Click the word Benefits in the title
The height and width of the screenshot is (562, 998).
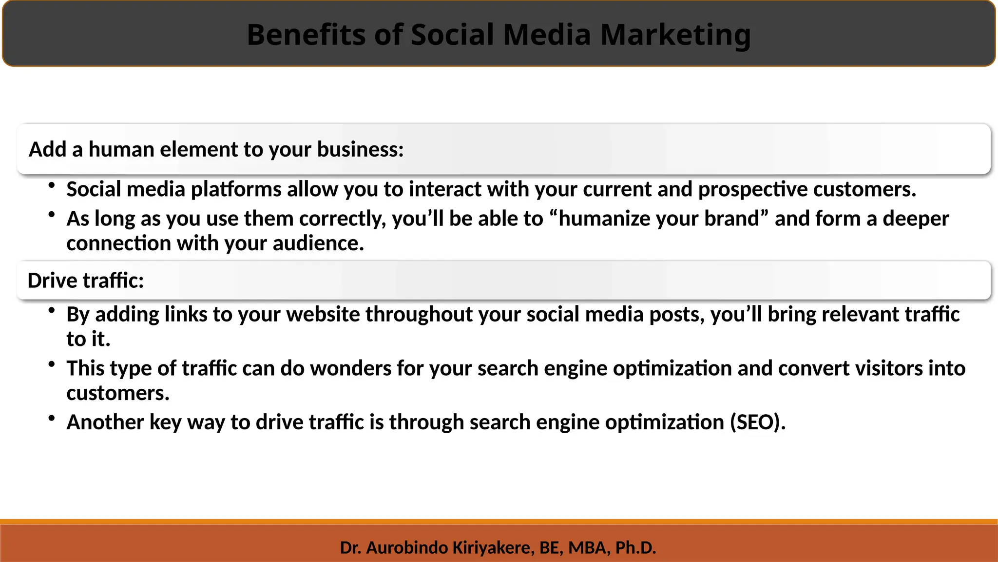[x=306, y=35]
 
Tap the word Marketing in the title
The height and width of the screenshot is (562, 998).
[x=675, y=35]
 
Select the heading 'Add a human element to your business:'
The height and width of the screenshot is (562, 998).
[x=216, y=149]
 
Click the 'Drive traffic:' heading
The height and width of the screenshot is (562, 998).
[x=86, y=281]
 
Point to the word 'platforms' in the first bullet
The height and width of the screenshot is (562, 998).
[x=236, y=189]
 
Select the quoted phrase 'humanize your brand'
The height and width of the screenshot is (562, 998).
[x=659, y=219]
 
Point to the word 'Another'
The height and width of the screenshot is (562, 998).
[x=105, y=422]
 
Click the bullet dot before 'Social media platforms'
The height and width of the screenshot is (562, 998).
[x=52, y=185]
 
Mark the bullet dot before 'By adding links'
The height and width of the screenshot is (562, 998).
[x=52, y=310]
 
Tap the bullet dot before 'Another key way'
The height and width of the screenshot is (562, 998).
[x=52, y=418]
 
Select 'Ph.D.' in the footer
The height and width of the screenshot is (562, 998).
[x=635, y=548]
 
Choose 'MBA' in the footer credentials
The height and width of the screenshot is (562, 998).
[x=588, y=548]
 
